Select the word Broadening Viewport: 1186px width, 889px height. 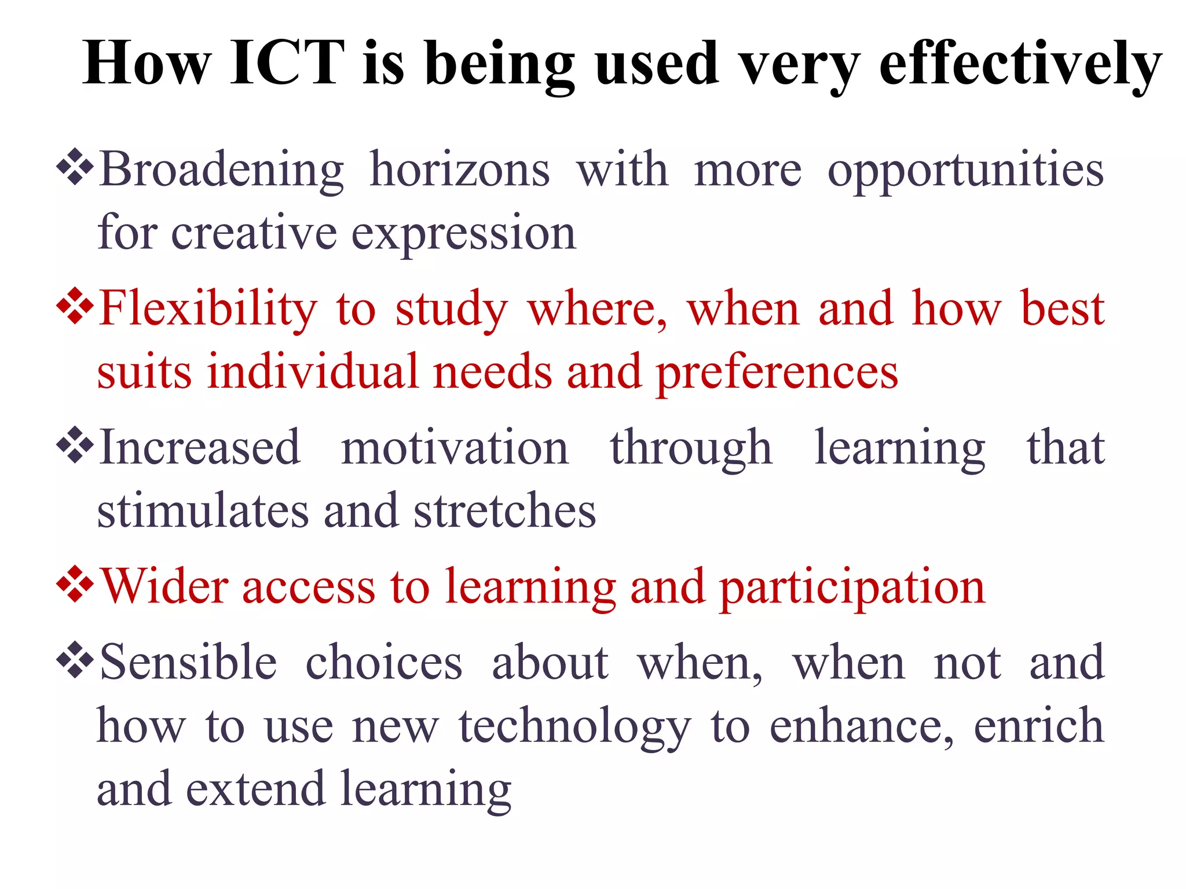[222, 170]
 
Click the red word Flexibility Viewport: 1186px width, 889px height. [208, 310]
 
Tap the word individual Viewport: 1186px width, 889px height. [313, 372]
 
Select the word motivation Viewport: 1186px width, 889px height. [455, 448]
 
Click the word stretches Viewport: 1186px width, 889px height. [504, 511]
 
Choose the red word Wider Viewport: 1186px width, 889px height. [164, 587]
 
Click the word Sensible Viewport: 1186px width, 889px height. [188, 662]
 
